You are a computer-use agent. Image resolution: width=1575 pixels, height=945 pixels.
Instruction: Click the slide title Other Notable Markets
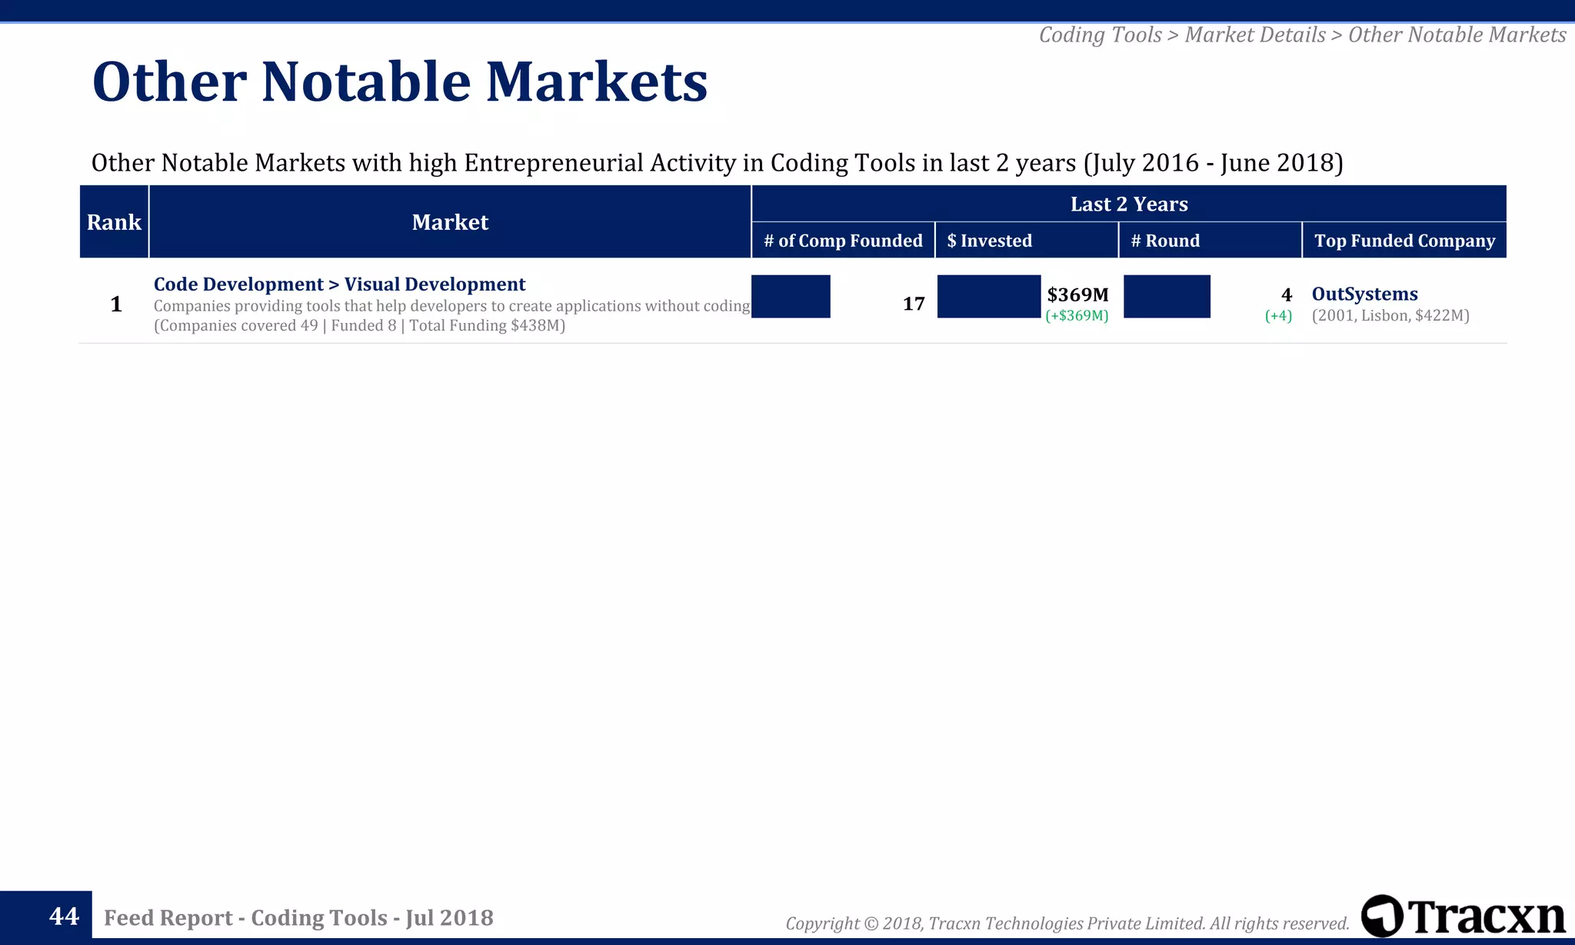[399, 82]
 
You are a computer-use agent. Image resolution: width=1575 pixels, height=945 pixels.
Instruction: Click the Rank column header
[114, 222]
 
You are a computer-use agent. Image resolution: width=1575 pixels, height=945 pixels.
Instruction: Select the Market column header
[450, 222]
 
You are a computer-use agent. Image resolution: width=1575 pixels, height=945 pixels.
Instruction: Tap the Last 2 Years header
[1128, 204]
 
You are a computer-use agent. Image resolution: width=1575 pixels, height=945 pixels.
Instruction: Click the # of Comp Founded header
[843, 241]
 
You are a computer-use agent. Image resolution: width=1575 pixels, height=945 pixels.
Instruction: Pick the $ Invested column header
[989, 241]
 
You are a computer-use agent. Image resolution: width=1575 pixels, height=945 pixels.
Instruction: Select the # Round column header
[1165, 241]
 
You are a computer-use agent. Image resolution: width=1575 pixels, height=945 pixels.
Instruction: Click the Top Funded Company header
[1404, 241]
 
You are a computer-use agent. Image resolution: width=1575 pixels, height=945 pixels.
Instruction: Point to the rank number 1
[116, 304]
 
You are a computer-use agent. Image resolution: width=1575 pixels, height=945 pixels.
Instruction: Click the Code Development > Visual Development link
[339, 284]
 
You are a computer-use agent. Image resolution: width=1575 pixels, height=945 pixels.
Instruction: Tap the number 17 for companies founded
[913, 304]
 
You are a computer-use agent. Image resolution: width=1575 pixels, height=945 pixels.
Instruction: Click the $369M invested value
[1077, 294]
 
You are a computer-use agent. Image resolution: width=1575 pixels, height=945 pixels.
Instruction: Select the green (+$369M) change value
[1077, 316]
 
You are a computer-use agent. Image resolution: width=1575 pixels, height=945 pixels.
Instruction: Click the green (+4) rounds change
[1278, 316]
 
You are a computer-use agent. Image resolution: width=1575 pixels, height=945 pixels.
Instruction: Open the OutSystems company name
[1364, 294]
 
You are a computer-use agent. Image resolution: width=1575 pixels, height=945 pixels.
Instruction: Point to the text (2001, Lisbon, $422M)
[1390, 315]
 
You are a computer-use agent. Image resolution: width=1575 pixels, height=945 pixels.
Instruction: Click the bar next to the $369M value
[988, 296]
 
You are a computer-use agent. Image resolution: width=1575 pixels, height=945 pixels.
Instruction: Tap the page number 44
[64, 916]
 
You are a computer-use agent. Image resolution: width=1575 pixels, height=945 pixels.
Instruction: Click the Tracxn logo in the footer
[1463, 916]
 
